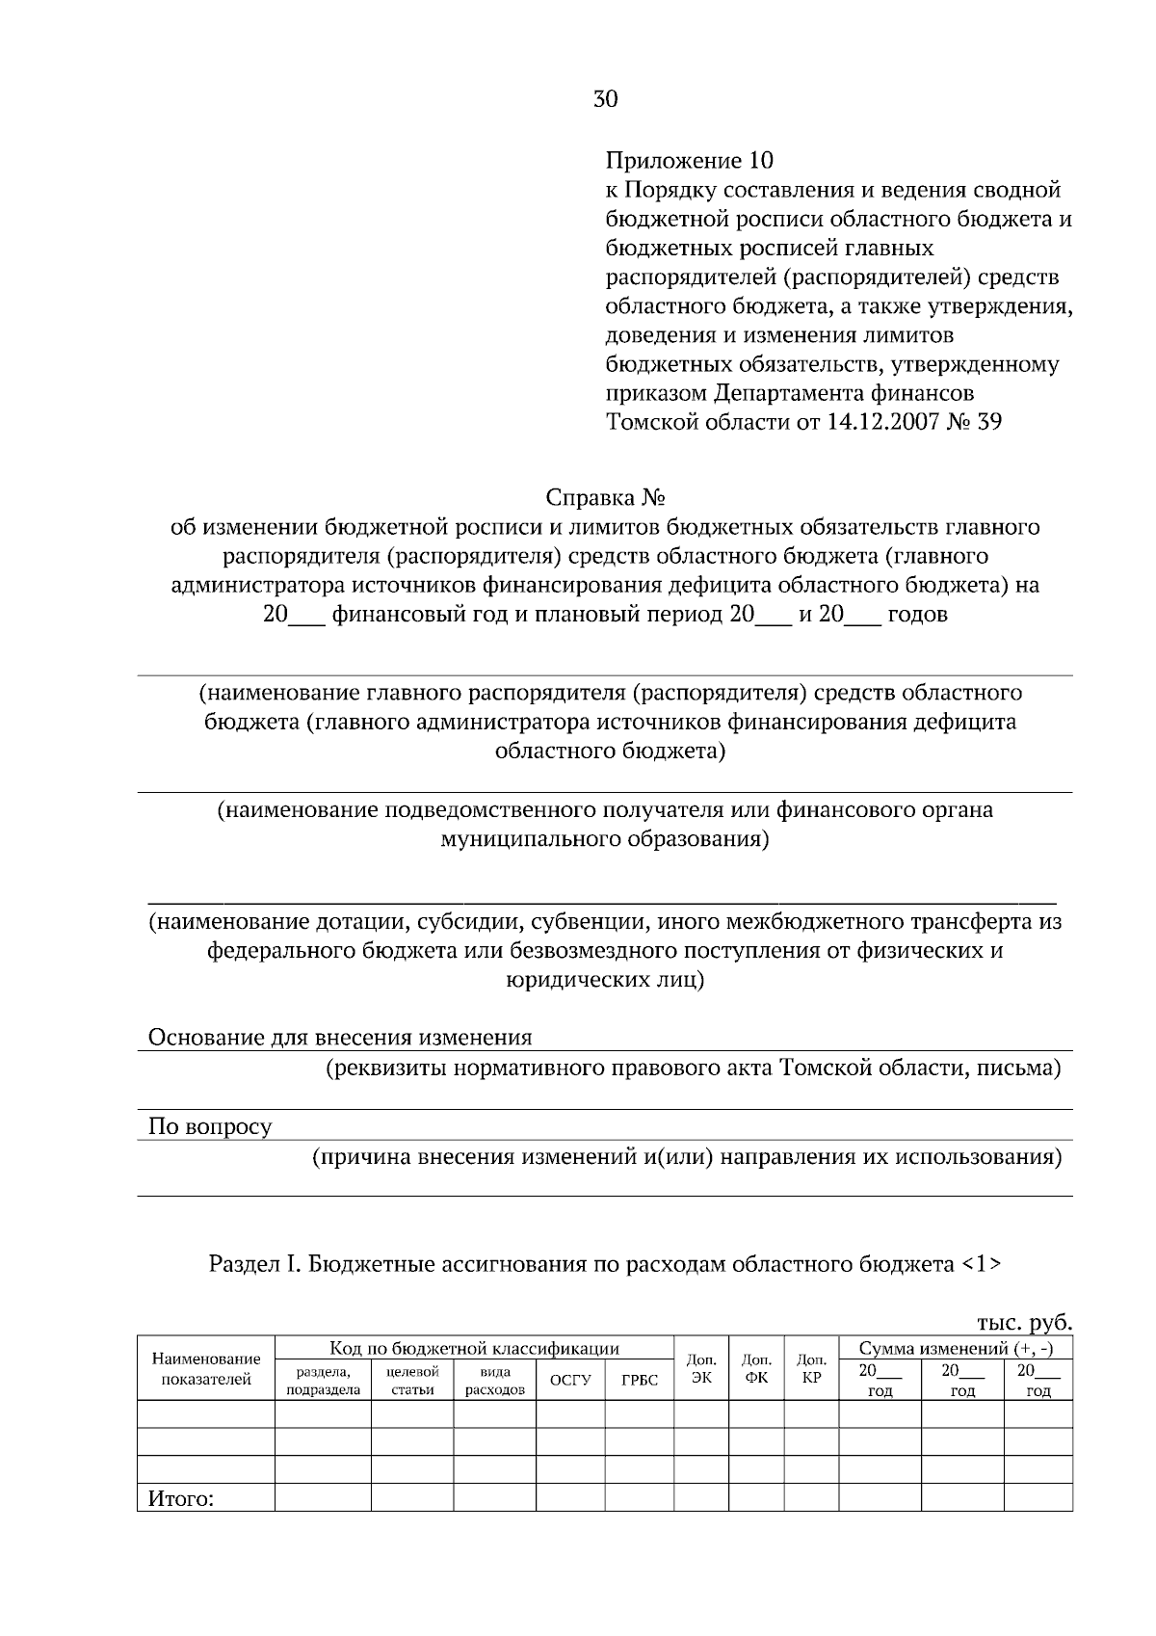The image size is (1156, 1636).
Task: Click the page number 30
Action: (x=605, y=99)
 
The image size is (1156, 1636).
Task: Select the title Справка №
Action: (x=606, y=498)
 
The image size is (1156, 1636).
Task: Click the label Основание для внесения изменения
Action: (x=339, y=1038)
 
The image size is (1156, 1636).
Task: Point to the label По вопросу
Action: (x=210, y=1126)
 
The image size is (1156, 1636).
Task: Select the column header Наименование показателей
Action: (x=206, y=1369)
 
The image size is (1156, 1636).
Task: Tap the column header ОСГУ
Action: (x=569, y=1382)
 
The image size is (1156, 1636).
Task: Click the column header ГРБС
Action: (x=639, y=1382)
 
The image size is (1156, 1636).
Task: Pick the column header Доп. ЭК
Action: (x=701, y=1369)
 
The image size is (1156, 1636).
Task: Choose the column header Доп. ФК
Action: (x=756, y=1369)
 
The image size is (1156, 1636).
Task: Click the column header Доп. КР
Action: (x=811, y=1369)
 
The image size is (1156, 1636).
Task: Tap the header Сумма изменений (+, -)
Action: (x=956, y=1349)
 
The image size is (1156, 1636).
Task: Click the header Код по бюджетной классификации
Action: (x=474, y=1349)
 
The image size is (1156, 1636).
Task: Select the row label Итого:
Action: (x=179, y=1499)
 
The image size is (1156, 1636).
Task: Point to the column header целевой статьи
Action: (x=412, y=1381)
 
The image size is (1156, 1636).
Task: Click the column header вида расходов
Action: (x=494, y=1381)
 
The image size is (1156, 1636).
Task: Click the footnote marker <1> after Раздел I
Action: (x=981, y=1264)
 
